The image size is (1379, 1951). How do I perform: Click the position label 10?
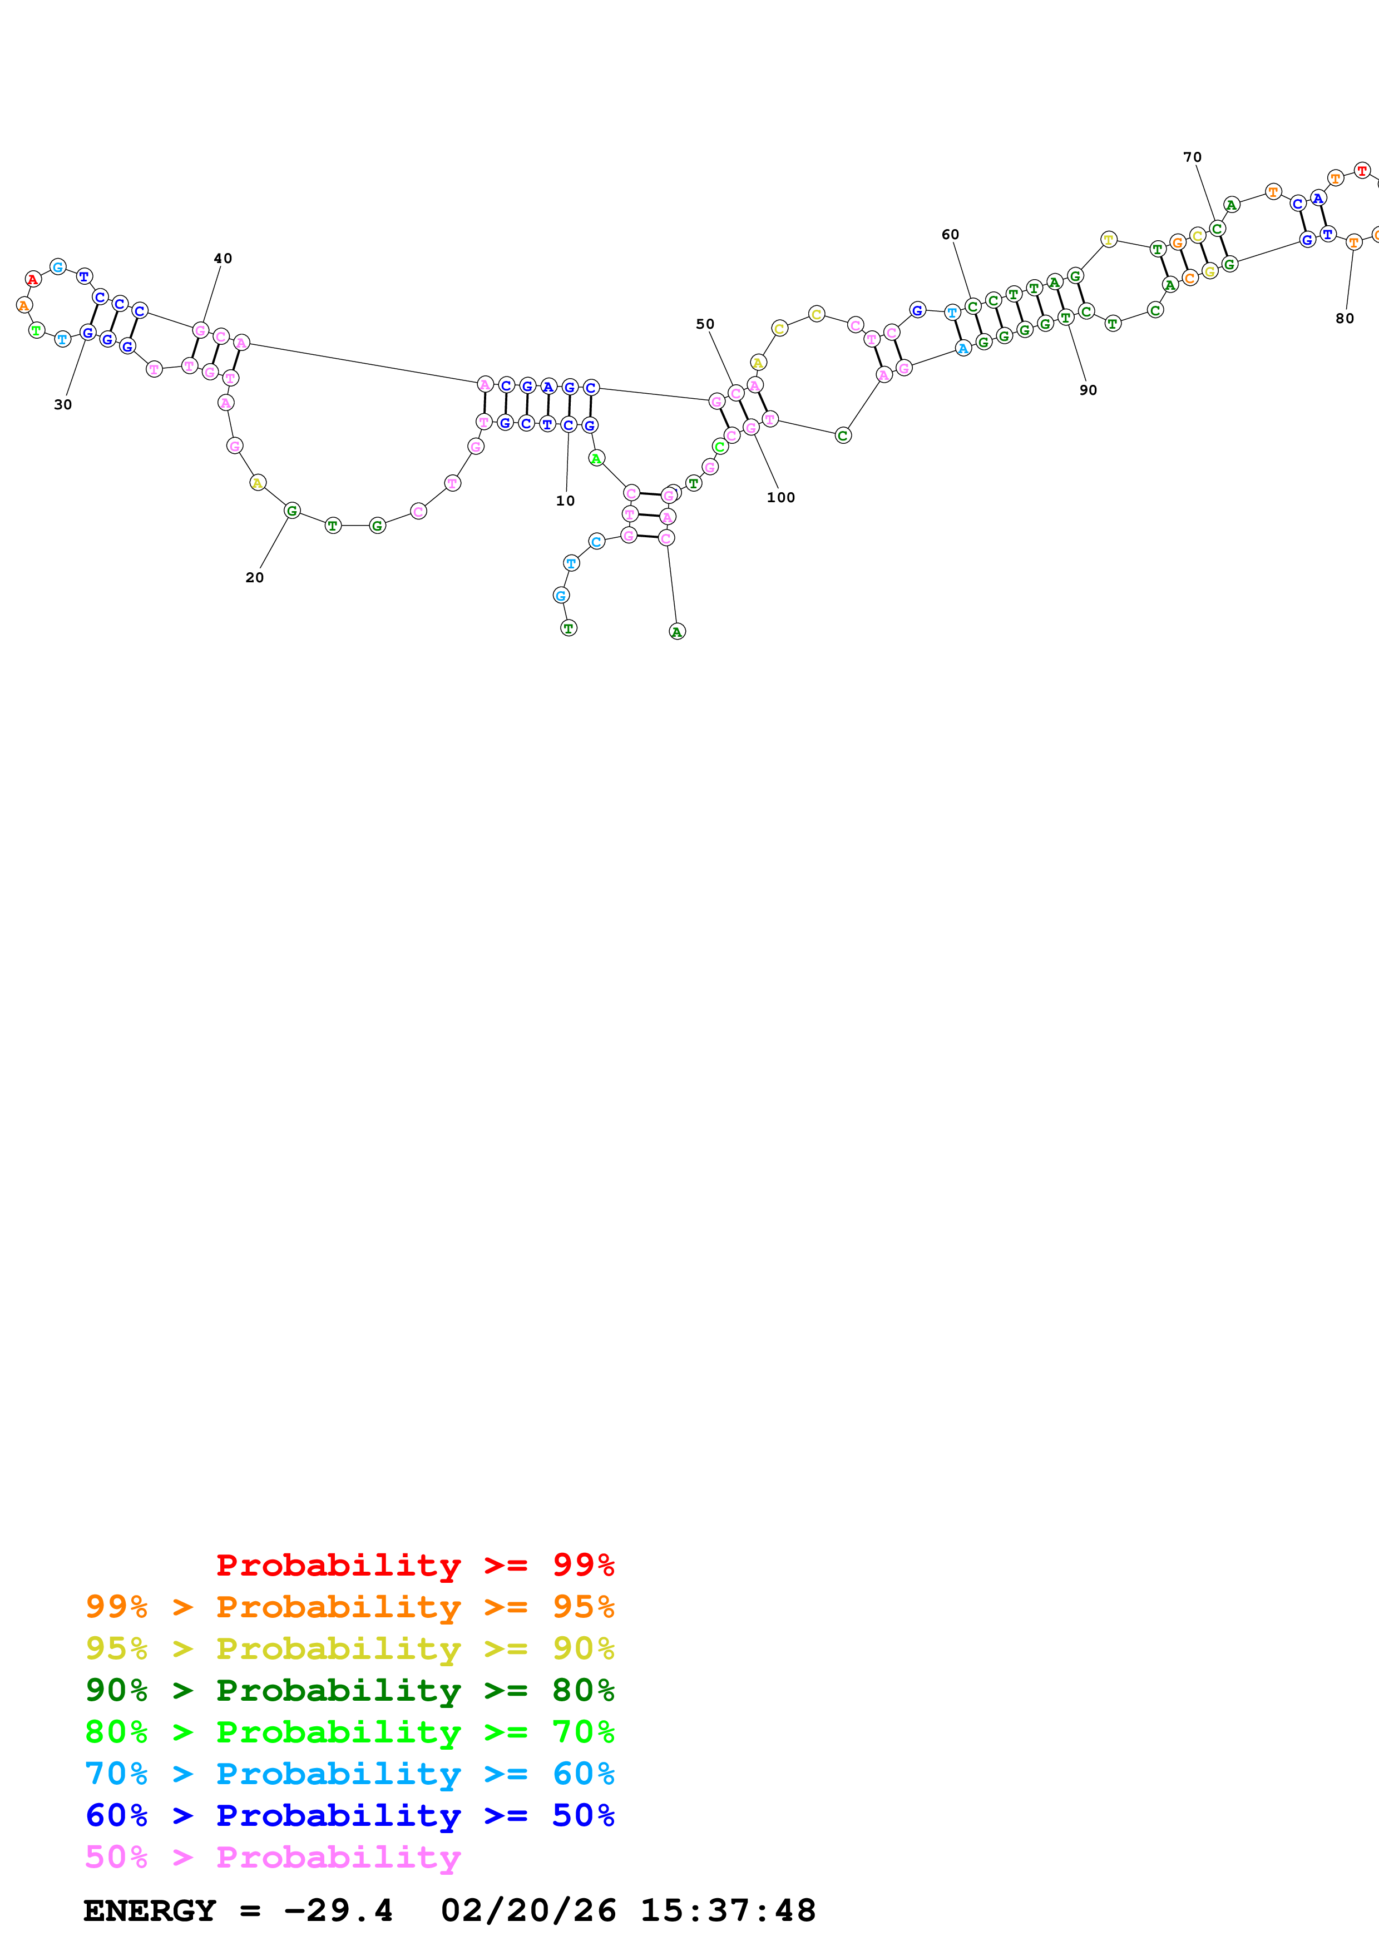[x=565, y=501]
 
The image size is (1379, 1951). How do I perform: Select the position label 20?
[x=254, y=577]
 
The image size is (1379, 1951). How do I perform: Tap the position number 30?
[x=63, y=404]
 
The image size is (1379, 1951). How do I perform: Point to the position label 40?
[x=223, y=258]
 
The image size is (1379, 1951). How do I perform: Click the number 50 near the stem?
[x=705, y=324]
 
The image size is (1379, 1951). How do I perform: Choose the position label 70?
[x=1192, y=157]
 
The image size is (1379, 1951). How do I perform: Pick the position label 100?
[x=781, y=497]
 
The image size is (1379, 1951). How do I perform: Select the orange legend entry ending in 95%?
[x=349, y=1606]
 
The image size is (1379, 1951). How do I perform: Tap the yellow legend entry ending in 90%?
[x=349, y=1648]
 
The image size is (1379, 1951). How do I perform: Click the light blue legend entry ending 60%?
[x=349, y=1774]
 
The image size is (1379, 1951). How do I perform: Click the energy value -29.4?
[x=338, y=1910]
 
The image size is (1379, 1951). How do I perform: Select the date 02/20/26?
[x=528, y=1910]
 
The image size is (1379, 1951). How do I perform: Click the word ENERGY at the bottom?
[x=150, y=1910]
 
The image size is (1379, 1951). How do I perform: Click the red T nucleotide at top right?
[x=1362, y=171]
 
